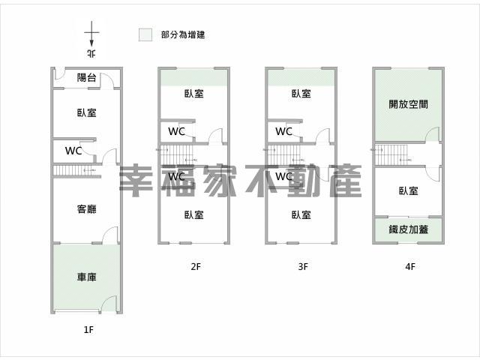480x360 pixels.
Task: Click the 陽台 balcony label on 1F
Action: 87,77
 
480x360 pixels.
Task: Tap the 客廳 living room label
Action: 87,209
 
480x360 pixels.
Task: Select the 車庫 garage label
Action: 87,277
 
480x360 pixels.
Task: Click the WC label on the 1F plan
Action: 73,151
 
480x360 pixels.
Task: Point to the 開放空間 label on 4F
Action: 408,104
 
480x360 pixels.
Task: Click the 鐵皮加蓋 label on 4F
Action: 408,229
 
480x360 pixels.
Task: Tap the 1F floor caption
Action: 88,330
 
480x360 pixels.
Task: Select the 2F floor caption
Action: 196,267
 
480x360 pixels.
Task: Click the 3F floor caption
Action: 303,267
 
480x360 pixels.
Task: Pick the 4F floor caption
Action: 410,267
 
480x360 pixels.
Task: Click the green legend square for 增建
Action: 145,34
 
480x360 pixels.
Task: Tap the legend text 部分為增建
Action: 183,34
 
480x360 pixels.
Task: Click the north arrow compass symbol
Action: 91,34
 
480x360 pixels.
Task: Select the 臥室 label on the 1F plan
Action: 87,112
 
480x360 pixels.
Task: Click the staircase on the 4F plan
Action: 391,155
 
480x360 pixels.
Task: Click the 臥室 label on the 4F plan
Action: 408,191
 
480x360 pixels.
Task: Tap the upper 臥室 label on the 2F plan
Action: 193,94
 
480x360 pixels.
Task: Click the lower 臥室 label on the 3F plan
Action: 301,215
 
